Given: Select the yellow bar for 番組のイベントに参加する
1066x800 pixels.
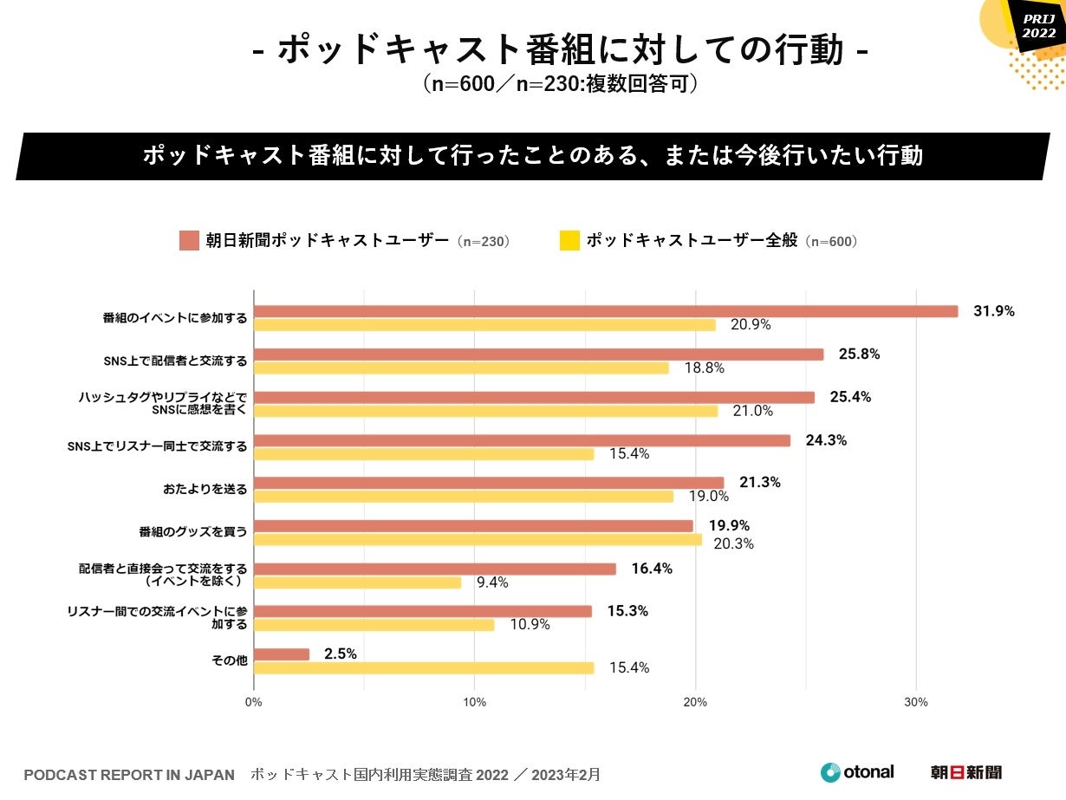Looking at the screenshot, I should (484, 325).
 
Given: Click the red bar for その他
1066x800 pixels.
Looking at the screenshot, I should (282, 654).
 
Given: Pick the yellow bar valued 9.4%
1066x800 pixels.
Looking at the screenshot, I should (357, 582).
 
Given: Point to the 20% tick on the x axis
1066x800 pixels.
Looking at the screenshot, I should (695, 702).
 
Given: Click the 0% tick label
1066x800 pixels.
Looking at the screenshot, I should (253, 702).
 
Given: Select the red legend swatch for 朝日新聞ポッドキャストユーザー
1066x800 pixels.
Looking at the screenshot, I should (189, 241).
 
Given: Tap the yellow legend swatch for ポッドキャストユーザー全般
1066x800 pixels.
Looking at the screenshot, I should (569, 241).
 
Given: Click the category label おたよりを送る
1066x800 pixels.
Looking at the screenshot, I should (205, 490).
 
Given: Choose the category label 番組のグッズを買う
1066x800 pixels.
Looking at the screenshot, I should (193, 532).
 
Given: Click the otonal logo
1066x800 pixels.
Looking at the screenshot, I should (857, 772).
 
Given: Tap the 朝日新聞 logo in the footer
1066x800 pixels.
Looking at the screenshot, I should (965, 772).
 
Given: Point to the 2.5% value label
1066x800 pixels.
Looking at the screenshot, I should (340, 654).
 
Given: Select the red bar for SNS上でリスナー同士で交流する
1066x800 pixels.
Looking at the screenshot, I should (522, 440).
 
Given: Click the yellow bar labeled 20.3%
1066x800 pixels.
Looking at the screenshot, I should (478, 539).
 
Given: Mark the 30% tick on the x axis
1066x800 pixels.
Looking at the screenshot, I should (916, 702).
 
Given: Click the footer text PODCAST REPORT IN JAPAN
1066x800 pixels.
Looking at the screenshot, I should (129, 774).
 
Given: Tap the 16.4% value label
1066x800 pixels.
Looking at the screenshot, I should (652, 569).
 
